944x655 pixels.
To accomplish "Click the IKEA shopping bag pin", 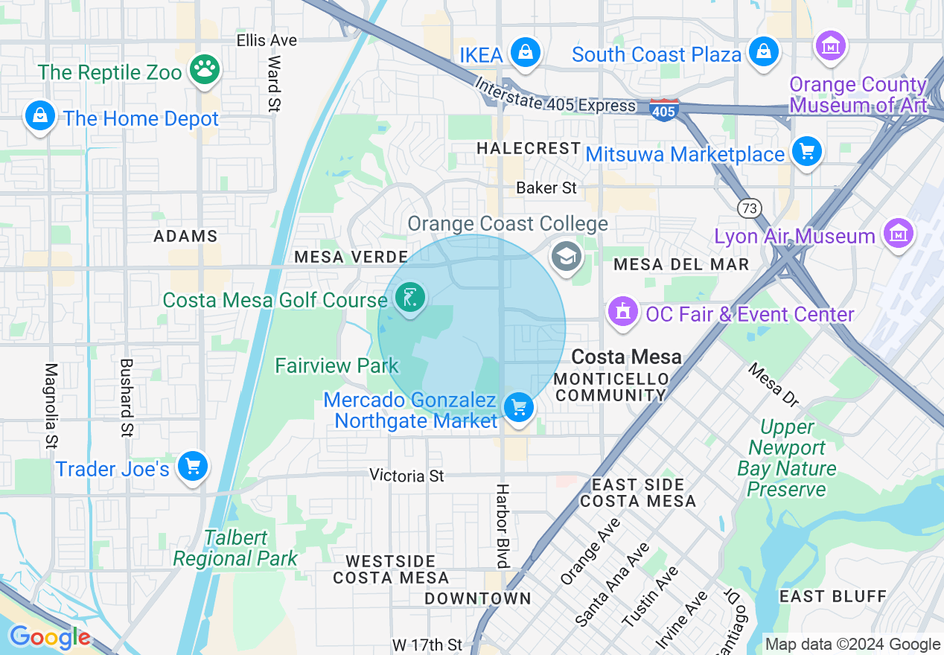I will (526, 53).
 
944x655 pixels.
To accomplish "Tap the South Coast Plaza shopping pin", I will (763, 52).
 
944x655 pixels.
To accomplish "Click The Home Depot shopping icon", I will (39, 116).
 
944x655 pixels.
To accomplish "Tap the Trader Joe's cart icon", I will (193, 467).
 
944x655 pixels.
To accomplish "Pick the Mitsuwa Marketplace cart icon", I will (806, 152).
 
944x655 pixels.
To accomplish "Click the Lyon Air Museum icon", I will (899, 234).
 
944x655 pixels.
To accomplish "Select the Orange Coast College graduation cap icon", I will (566, 256).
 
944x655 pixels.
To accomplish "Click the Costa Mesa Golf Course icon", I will (409, 298).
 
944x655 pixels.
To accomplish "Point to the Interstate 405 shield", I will (663, 110).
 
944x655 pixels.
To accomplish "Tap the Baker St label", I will (546, 188).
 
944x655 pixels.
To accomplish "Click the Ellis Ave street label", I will (267, 40).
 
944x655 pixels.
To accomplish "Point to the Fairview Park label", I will (337, 365).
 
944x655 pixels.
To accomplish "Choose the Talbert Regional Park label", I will (235, 548).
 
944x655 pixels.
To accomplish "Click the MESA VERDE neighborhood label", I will (330, 257).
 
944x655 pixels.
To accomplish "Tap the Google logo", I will (51, 637).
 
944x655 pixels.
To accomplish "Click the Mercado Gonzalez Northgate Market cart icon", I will (518, 408).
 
